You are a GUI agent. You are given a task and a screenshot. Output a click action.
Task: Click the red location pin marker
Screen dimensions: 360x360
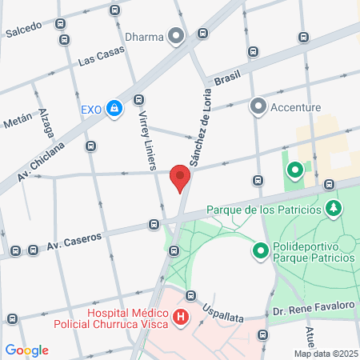pyautogui.click(x=180, y=178)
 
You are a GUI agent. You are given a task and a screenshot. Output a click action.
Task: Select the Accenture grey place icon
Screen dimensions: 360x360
pyautogui.click(x=258, y=106)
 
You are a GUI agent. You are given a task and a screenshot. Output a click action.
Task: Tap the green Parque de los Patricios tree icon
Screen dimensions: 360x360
pyautogui.click(x=334, y=210)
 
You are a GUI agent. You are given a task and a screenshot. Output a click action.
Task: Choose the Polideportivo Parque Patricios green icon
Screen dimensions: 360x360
pyautogui.click(x=260, y=251)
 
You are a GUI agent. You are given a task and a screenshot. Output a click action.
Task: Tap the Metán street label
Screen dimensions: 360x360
pyautogui.click(x=18, y=122)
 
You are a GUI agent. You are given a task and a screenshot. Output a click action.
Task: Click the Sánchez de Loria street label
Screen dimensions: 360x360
pyautogui.click(x=200, y=136)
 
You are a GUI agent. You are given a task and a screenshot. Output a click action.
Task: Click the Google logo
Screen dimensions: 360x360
pyautogui.click(x=26, y=350)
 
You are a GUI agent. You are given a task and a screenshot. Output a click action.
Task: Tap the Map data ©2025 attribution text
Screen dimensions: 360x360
pyautogui.click(x=325, y=354)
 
